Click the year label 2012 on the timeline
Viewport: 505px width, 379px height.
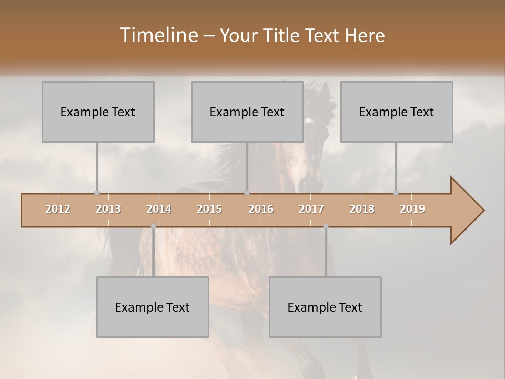pos(58,209)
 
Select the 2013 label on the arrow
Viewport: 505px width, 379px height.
pos(108,209)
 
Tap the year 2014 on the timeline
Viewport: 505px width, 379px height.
pos(159,209)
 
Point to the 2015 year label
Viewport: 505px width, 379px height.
pos(209,209)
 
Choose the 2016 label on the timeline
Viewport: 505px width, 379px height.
pos(261,209)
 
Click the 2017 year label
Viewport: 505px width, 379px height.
pos(311,209)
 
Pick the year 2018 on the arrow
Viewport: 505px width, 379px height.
pos(362,209)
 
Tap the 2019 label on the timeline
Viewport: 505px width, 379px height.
pos(412,209)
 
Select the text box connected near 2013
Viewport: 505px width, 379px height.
pos(98,112)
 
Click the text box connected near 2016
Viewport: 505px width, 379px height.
pos(247,112)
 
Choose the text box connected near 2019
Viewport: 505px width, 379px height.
pos(397,112)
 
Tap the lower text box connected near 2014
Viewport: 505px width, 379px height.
pos(153,307)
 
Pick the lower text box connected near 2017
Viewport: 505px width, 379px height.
pos(325,307)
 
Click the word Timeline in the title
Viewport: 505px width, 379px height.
pos(158,35)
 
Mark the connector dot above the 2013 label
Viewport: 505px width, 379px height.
pos(97,193)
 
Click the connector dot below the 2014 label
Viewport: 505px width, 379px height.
pos(153,226)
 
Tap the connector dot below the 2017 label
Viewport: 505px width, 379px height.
pos(326,226)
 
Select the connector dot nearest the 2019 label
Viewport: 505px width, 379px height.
pos(396,193)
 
